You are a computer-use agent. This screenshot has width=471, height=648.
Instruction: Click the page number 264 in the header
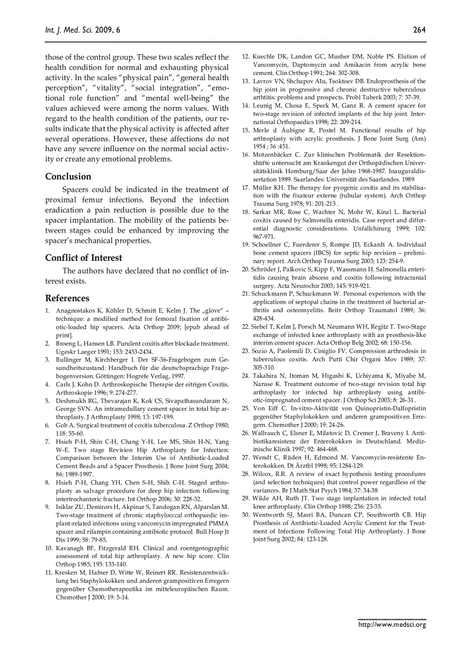(419, 29)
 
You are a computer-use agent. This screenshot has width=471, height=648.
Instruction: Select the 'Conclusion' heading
(68, 176)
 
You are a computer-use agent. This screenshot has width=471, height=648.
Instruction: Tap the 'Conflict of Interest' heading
(84, 257)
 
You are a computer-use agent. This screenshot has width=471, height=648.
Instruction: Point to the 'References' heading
(67, 298)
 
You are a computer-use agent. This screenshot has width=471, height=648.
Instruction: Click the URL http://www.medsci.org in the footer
(392, 624)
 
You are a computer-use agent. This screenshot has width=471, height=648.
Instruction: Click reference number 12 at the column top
(245, 57)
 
